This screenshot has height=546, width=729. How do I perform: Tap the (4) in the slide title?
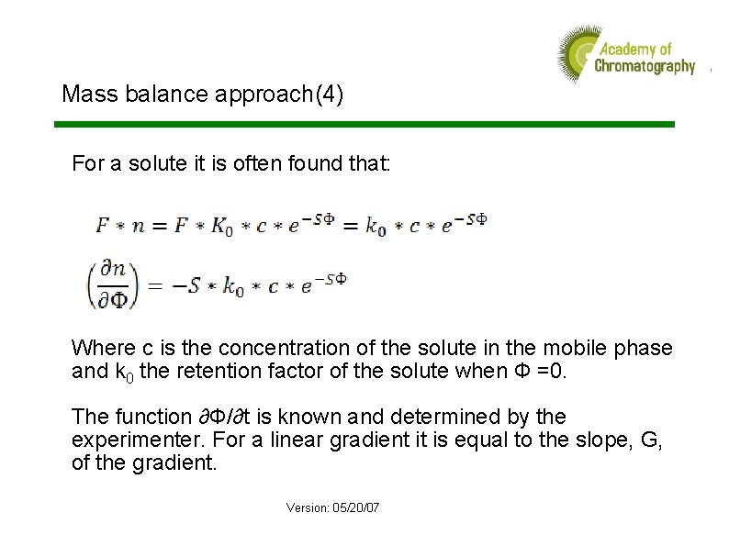coord(329,94)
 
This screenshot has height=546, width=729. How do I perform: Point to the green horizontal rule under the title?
coord(364,124)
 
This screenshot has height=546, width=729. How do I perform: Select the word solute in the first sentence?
coord(151,165)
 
